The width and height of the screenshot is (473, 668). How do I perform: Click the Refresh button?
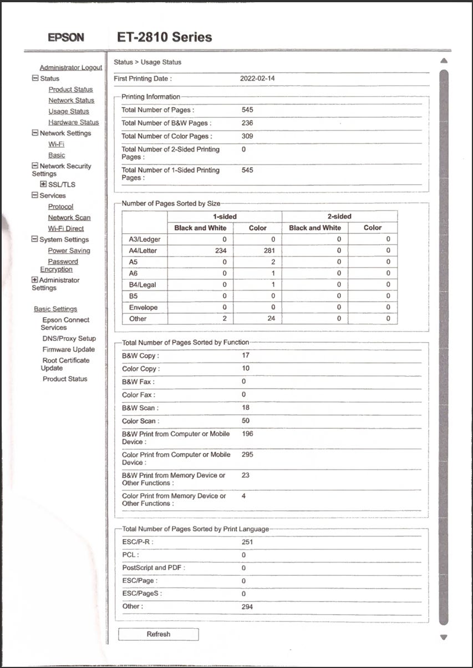coord(158,634)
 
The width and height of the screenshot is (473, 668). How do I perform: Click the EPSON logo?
coord(65,38)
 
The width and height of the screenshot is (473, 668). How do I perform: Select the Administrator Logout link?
coord(71,68)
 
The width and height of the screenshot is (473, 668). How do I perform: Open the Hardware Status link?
coord(73,122)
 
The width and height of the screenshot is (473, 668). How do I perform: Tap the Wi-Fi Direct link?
coord(66,228)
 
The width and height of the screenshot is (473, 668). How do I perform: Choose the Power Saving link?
coord(69,250)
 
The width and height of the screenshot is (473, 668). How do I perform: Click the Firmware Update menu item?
coord(69,349)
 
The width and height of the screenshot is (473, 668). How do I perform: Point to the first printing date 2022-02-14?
coord(257,79)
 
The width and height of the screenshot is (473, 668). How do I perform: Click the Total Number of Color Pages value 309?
coord(247,136)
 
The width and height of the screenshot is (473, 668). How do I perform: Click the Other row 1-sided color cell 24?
coord(271,319)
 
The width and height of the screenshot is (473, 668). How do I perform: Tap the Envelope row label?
coord(143,307)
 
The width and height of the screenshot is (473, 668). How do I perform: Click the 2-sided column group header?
coord(339,216)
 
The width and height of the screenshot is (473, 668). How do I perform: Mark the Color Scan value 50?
coord(246,421)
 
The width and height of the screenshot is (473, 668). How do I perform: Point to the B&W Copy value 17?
coord(246,355)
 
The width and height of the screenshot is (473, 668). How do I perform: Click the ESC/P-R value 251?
coord(247,542)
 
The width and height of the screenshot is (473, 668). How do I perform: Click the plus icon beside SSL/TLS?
coord(43,184)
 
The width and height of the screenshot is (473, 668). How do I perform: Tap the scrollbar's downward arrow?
coord(444,637)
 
